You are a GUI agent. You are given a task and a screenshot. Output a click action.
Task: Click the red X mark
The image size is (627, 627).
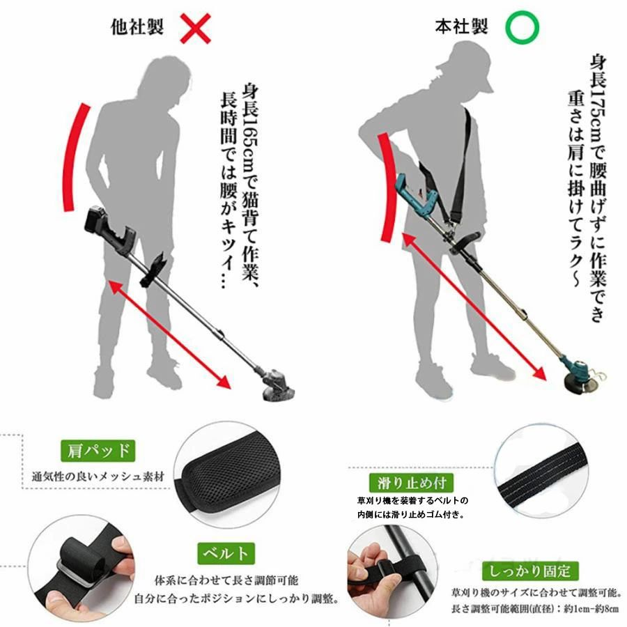[x=195, y=28]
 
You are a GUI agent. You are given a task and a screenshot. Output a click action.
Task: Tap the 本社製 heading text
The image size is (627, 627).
[x=461, y=26]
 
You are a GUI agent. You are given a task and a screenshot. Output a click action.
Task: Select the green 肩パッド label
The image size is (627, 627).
[x=98, y=451]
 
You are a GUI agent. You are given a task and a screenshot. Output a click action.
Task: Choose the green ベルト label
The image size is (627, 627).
[x=226, y=553]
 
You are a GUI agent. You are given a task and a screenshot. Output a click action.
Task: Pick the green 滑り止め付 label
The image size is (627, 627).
[x=412, y=483]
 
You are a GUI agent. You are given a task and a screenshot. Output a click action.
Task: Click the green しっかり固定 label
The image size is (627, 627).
[x=530, y=571]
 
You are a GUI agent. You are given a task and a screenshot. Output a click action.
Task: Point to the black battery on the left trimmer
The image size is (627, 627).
[x=96, y=221]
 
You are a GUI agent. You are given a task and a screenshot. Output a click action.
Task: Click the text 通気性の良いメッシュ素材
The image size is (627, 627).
[x=98, y=477]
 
